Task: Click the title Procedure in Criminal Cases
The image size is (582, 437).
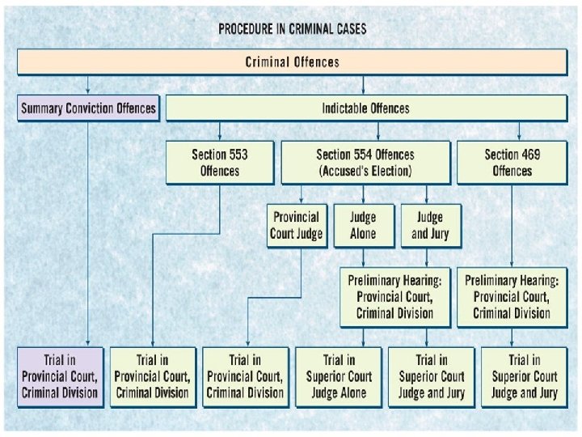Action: click(x=292, y=29)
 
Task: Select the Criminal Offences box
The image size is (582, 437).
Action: click(x=292, y=62)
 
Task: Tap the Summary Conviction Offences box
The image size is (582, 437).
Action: click(x=89, y=108)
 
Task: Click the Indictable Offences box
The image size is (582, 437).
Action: click(x=365, y=108)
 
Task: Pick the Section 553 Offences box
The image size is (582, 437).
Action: click(x=220, y=162)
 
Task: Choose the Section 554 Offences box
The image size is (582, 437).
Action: click(x=365, y=162)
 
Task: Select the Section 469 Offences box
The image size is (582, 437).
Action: click(x=512, y=162)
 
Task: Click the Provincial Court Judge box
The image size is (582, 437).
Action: click(x=297, y=226)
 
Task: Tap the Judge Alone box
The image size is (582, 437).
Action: click(x=363, y=226)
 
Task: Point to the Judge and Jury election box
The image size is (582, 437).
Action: click(x=429, y=226)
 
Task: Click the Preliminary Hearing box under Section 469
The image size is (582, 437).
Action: click(x=512, y=297)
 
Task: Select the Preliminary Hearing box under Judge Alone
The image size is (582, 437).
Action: click(x=395, y=297)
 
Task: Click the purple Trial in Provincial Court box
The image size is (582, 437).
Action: click(x=61, y=376)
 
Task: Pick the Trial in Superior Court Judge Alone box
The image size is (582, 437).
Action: click(x=338, y=376)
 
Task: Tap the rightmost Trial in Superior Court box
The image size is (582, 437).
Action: click(x=525, y=376)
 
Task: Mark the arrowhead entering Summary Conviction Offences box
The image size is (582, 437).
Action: click(x=89, y=92)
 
